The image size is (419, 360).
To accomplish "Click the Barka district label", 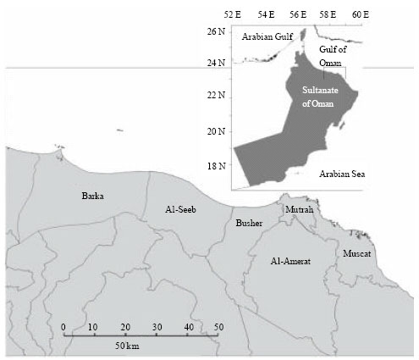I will [x=92, y=197].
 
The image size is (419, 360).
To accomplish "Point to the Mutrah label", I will [x=299, y=208].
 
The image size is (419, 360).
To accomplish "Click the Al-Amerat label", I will [x=290, y=262].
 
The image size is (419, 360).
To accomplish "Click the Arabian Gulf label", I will [x=266, y=37].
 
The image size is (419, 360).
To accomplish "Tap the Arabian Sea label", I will [x=343, y=174].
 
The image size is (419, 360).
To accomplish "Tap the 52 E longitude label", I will [x=233, y=14].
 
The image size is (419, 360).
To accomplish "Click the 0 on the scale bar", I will [x=63, y=327].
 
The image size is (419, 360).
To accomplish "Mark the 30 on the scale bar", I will [x=156, y=327].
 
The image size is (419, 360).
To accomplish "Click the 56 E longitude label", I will [x=296, y=14].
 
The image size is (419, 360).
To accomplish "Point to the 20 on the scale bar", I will [x=124, y=327].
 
